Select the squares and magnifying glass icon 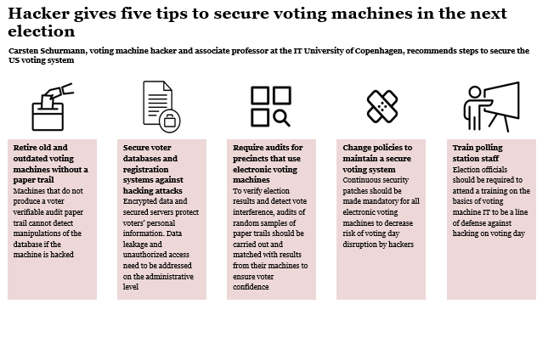coord(271,106)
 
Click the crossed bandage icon coord(382,106)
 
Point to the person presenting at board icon coord(490,106)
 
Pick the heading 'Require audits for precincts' coord(268,158)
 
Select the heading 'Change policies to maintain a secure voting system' coord(377,158)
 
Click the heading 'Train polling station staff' coord(478,153)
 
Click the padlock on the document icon coord(170,121)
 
